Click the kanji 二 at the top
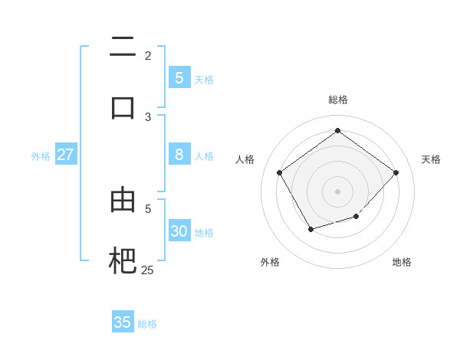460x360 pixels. [x=123, y=47]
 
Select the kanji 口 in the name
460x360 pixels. [x=123, y=107]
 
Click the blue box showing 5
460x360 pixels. [x=179, y=77]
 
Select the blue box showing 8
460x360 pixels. [x=179, y=155]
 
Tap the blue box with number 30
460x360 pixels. [x=179, y=231]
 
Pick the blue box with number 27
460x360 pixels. [x=65, y=155]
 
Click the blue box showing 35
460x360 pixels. [x=123, y=322]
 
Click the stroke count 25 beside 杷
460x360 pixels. [x=147, y=270]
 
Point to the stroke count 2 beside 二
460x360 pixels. [x=148, y=55]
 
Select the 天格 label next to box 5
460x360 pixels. [x=204, y=79]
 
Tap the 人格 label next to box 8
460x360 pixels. [x=204, y=156]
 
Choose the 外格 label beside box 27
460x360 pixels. [x=41, y=156]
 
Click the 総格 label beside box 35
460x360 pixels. [x=147, y=324]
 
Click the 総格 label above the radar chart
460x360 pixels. [x=338, y=100]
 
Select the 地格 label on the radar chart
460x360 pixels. [x=402, y=262]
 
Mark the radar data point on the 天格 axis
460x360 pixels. [x=396, y=172]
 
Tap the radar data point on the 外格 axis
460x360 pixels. [x=310, y=229]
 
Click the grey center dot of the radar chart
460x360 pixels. [x=338, y=191]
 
